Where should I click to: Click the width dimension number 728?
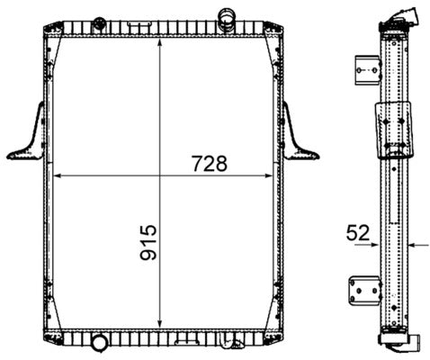click(207, 164)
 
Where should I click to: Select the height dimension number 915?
click(148, 243)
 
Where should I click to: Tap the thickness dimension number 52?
click(358, 233)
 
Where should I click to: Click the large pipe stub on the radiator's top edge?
click(226, 15)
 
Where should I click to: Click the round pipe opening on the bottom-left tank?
click(98, 343)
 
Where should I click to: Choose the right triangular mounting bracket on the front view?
click(299, 135)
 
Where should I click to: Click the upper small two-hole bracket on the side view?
click(364, 67)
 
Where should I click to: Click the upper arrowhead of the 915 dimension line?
click(160, 41)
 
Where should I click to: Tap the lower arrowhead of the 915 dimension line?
click(160, 326)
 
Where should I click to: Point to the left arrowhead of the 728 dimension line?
click(59, 175)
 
